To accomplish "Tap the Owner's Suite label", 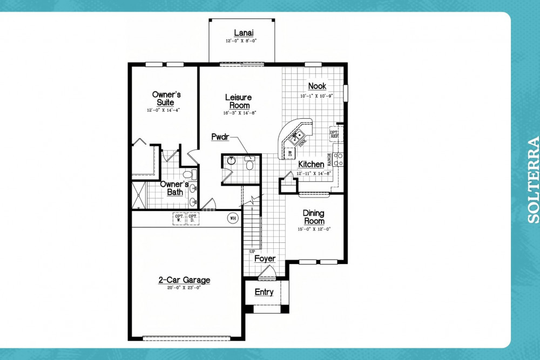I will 166,98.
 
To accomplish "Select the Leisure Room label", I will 238,101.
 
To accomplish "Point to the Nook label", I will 317,86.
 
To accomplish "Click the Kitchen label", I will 311,164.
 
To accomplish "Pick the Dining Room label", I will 314,217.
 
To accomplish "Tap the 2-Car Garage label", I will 184,280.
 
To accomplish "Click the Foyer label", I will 265,259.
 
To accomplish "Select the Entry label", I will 264,292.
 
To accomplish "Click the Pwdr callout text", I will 220,137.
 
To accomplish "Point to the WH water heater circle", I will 233,219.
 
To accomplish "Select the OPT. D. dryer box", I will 193,218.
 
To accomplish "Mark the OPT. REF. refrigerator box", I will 335,134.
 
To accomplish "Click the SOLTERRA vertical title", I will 532,180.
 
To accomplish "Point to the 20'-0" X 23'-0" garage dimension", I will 184,288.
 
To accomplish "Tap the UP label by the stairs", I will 252,252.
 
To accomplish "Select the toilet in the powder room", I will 249,163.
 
